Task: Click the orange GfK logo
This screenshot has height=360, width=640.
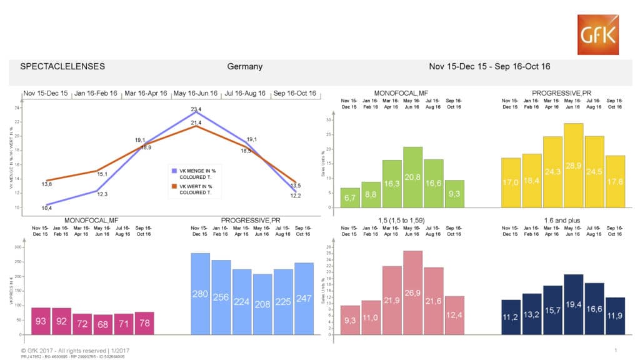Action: [x=597, y=35]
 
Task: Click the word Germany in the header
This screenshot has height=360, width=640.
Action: [x=244, y=66]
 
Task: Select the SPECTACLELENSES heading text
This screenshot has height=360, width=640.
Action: [x=62, y=66]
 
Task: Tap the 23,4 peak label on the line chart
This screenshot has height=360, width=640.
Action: [x=196, y=109]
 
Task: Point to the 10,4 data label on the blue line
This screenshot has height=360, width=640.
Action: [x=46, y=207]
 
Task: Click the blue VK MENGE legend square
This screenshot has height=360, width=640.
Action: [x=175, y=169]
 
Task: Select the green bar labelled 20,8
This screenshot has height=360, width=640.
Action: [x=412, y=177]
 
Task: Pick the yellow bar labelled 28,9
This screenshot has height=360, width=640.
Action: [x=573, y=165]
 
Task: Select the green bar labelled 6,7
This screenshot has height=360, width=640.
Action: [x=350, y=197]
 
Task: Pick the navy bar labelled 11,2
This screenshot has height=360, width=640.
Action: [x=511, y=317]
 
